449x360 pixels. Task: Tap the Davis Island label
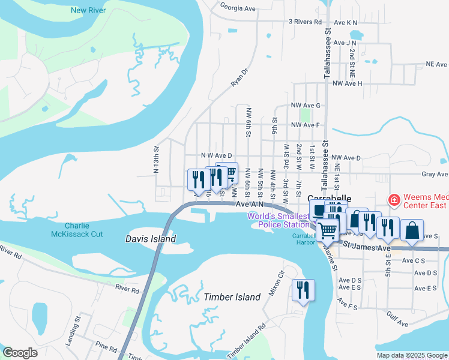click(x=151, y=239)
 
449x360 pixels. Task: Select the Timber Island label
click(x=232, y=297)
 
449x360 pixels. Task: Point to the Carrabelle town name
click(x=328, y=198)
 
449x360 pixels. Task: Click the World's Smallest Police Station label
click(x=282, y=220)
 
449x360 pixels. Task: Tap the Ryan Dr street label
click(x=240, y=77)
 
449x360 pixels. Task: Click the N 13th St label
click(x=156, y=157)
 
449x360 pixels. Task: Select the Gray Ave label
click(x=435, y=174)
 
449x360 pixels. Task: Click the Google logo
click(x=20, y=353)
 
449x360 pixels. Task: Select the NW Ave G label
click(x=306, y=105)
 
